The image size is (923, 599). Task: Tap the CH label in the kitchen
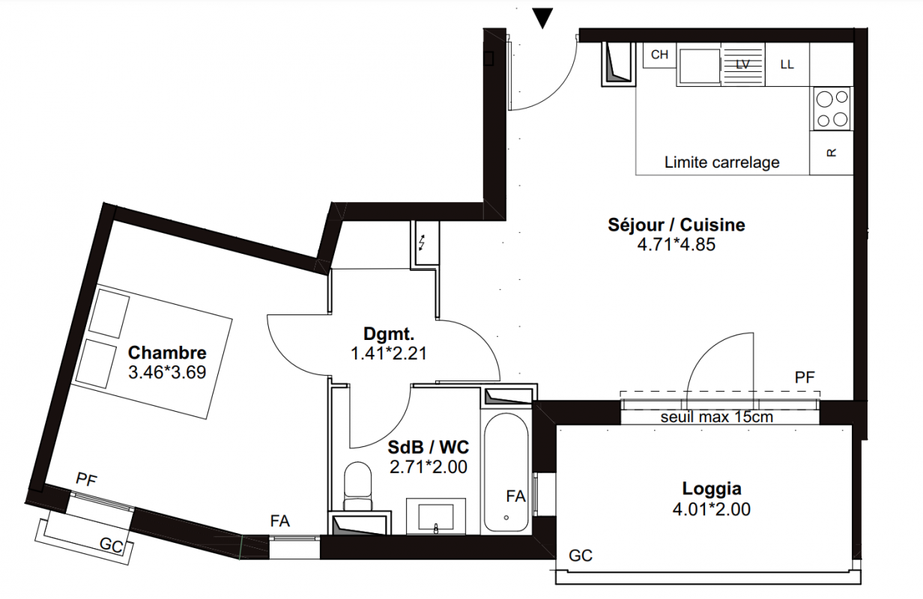point(659,55)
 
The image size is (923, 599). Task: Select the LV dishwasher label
point(742,64)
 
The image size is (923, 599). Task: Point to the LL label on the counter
point(787,64)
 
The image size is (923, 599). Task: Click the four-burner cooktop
point(832,109)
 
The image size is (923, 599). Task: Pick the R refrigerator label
point(832,153)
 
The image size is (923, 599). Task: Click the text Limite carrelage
point(722,162)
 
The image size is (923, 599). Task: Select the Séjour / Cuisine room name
point(677,225)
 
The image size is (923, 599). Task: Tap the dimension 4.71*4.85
point(677,245)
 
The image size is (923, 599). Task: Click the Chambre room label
point(167,353)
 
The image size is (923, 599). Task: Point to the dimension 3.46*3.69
point(167,372)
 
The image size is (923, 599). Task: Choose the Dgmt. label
point(389,334)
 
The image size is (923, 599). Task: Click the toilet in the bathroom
point(358,486)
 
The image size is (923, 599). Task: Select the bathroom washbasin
point(436,516)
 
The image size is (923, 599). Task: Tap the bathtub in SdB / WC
point(506,472)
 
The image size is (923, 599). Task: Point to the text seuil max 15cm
point(716,417)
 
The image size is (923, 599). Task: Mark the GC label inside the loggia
point(580,556)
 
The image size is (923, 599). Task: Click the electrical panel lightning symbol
point(422,243)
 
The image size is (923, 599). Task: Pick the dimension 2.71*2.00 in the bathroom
point(428,467)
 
